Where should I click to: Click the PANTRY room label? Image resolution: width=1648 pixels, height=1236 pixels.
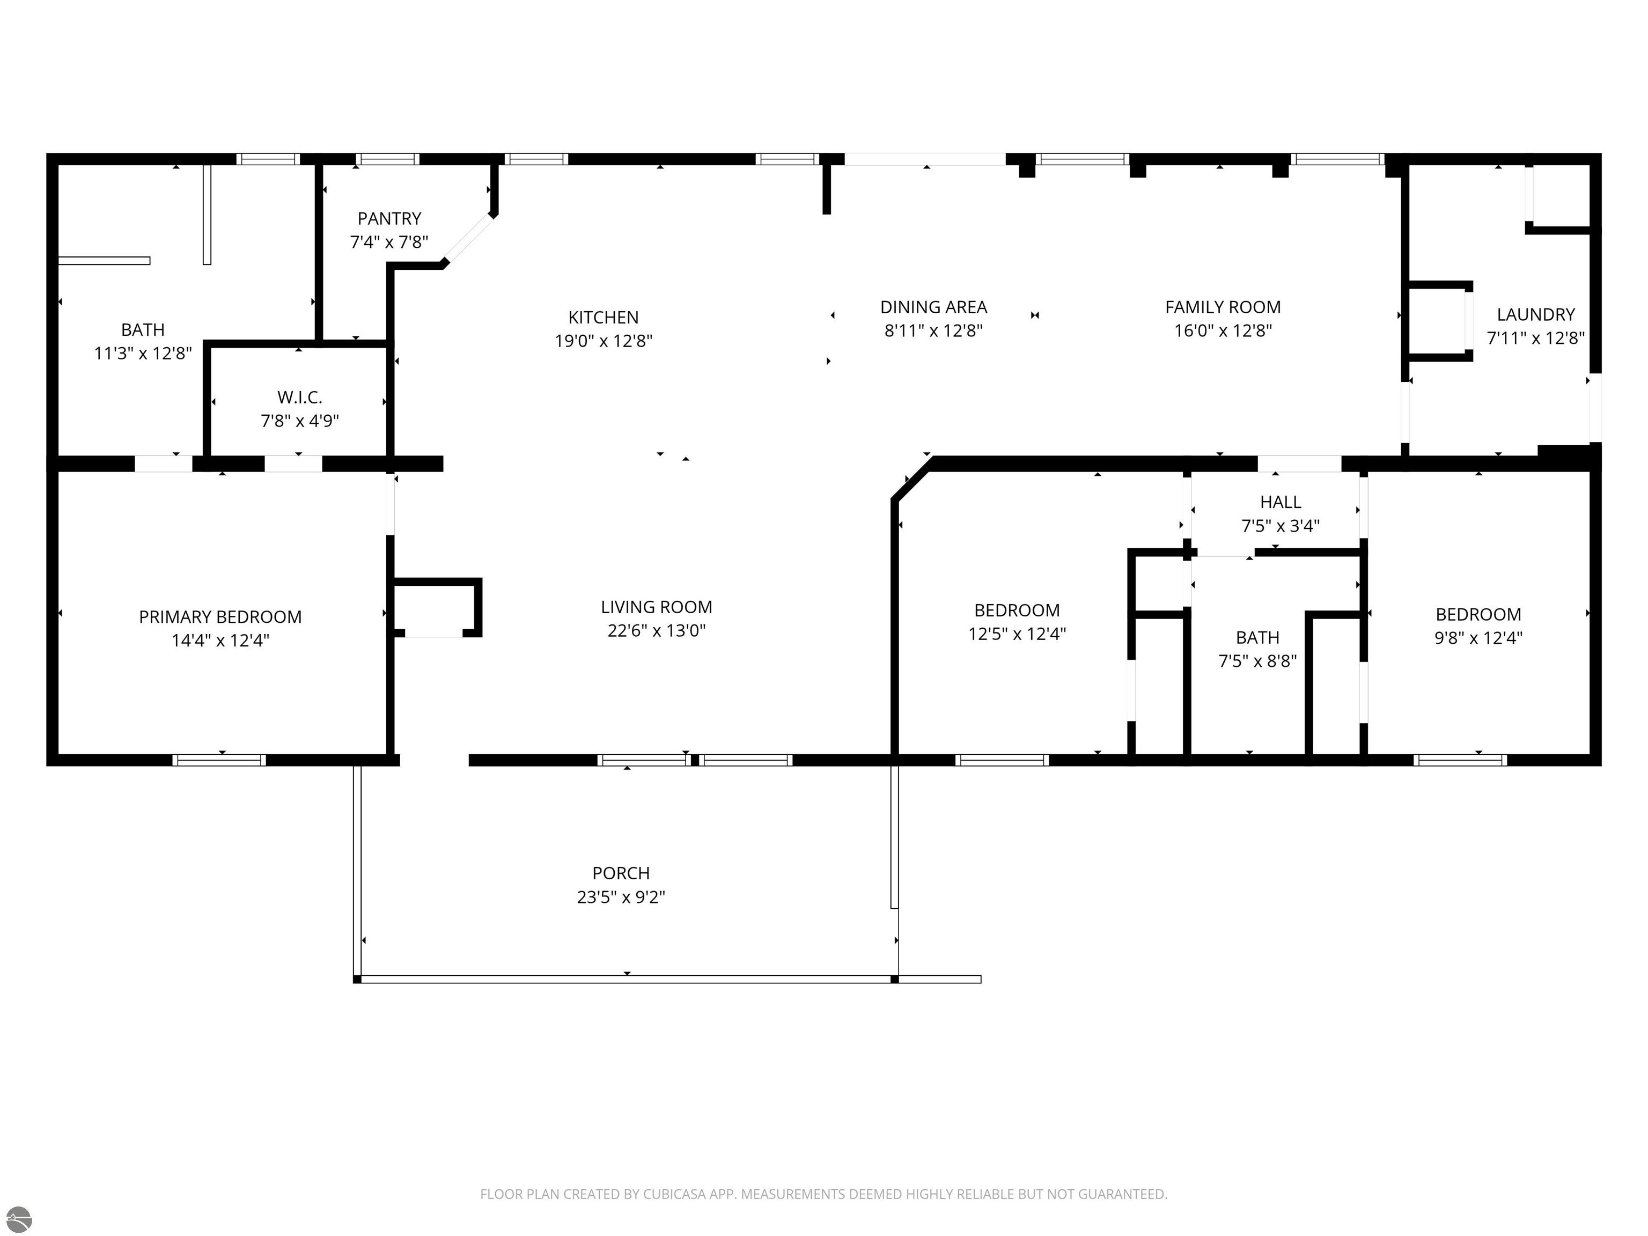point(389,218)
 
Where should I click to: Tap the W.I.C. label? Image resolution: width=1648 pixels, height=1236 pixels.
point(299,397)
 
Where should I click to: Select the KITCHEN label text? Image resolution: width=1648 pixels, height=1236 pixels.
point(604,318)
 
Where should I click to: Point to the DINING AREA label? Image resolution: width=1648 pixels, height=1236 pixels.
point(933,307)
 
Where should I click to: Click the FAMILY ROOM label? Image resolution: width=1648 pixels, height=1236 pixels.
point(1223,307)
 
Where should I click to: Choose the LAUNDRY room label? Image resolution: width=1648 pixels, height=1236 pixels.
point(1535,314)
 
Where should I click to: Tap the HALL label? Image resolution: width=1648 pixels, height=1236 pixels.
point(1280,502)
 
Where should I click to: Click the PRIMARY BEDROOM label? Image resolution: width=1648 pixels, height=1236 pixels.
point(220,617)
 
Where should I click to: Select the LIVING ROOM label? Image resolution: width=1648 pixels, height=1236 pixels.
point(657,607)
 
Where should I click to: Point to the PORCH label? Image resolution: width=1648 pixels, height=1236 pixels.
point(621,873)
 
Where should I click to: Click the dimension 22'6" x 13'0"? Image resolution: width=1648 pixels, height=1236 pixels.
point(657,630)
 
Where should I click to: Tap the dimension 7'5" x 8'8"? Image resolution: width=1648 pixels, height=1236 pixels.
point(1257,661)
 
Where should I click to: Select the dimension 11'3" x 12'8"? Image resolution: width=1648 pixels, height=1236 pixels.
point(143,353)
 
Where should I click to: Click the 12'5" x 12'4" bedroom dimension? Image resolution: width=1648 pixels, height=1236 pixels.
point(1017,633)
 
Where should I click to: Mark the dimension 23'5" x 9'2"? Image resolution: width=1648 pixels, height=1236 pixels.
point(621,896)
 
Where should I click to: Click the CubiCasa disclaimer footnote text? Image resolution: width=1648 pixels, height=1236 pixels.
point(823,1194)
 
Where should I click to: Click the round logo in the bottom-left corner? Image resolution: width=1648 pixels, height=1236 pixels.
point(19,1219)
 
